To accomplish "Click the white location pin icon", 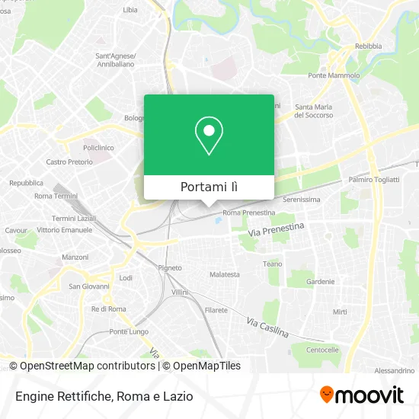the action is tap(209, 136).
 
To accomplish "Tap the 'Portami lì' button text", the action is tap(209, 187).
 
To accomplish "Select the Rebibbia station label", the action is tap(369, 46).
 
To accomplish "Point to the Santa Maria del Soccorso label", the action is tap(314, 110).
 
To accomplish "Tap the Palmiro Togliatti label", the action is tap(374, 181).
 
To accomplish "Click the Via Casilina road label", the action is tap(267, 328).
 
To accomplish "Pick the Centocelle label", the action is tap(321, 350).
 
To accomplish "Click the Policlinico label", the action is tap(98, 147).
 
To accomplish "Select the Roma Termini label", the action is tap(56, 196).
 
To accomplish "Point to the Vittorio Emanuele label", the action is tap(64, 229).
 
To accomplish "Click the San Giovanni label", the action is tap(89, 286).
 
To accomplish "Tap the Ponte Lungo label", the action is tap(128, 331).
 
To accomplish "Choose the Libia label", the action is tap(130, 10).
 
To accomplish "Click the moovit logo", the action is tap(361, 395).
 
